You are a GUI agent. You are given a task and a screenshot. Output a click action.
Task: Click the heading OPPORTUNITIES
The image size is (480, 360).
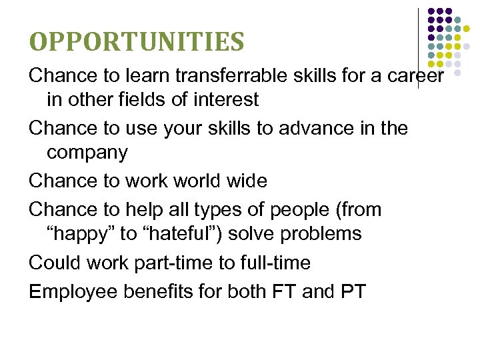tap(136, 41)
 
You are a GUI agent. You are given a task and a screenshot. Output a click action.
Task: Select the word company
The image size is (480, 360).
tap(87, 153)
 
